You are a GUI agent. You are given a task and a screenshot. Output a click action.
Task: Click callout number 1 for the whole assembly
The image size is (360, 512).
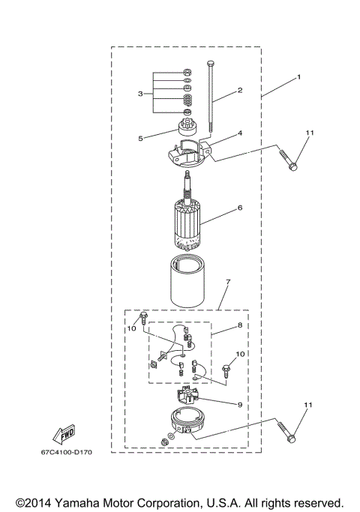pyautogui.click(x=298, y=76)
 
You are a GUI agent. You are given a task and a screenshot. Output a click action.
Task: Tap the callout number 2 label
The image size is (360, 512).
pyautogui.click(x=240, y=90)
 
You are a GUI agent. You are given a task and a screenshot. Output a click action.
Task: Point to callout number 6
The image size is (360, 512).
pyautogui.click(x=240, y=208)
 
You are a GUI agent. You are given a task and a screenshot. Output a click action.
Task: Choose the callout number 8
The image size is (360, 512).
pyautogui.click(x=240, y=326)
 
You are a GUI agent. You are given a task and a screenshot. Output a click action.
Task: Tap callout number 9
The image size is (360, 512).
pyautogui.click(x=239, y=406)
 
